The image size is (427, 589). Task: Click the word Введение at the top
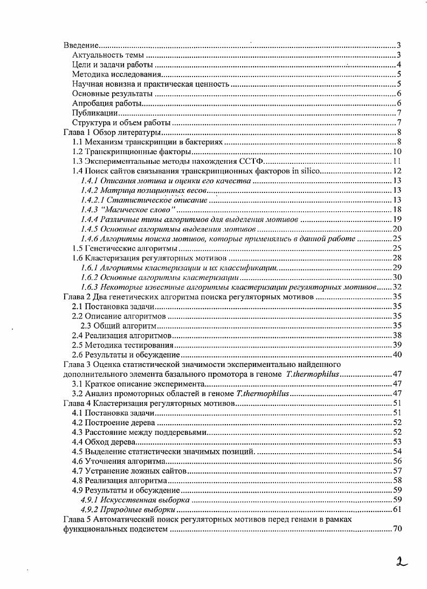tap(80, 45)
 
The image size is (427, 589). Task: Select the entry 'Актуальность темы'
tap(108, 55)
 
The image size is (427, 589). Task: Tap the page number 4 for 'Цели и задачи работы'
tap(397, 65)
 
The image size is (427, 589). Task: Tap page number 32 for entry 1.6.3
tap(396, 287)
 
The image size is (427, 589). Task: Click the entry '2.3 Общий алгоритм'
tap(118, 325)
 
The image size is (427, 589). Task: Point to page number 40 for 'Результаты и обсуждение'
tap(396, 355)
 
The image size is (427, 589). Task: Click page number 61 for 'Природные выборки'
tap(396, 509)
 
